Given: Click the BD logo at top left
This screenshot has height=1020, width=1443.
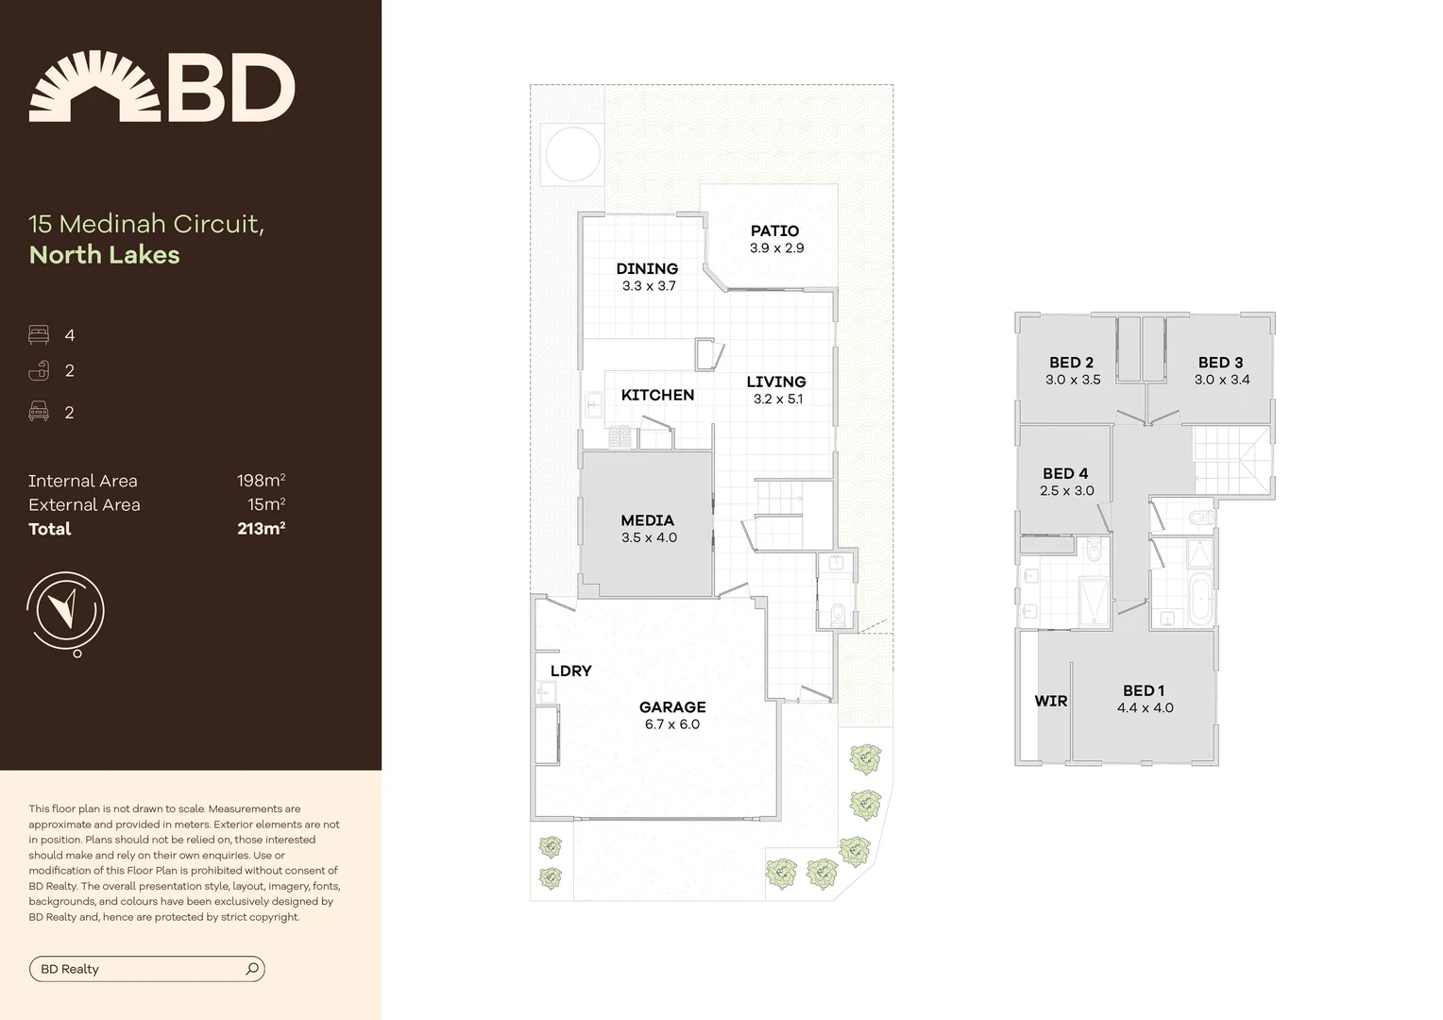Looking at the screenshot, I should (x=161, y=87).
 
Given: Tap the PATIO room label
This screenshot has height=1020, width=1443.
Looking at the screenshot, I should (x=774, y=230).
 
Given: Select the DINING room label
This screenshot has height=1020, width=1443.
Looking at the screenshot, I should (x=647, y=268).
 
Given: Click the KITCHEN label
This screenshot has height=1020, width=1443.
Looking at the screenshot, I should (x=657, y=395).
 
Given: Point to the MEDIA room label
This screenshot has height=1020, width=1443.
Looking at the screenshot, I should (x=647, y=520).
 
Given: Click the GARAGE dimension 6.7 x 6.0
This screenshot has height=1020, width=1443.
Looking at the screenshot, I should (x=672, y=724).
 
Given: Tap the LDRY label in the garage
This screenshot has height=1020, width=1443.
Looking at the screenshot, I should (x=570, y=671).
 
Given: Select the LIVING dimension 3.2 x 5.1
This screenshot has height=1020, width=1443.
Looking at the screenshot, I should (x=778, y=399).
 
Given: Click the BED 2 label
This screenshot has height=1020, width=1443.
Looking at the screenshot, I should (x=1071, y=363).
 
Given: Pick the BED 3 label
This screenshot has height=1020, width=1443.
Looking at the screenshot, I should (x=1220, y=363).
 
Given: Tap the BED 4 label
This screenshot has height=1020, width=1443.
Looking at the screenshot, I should (x=1065, y=473).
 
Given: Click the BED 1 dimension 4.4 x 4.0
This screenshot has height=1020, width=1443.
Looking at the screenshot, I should (x=1145, y=708).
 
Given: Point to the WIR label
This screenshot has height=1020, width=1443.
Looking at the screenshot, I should (x=1050, y=701).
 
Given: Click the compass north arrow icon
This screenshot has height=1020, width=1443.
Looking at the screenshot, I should (x=64, y=610).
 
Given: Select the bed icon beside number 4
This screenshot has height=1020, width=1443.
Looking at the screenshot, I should (x=39, y=335).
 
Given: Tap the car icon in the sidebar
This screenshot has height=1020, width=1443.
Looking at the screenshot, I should (x=39, y=412).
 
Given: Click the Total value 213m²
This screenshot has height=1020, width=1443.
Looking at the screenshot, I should (x=261, y=529).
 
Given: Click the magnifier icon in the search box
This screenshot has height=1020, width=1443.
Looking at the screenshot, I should (x=252, y=969).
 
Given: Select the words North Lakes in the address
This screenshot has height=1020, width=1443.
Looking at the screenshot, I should (x=104, y=255).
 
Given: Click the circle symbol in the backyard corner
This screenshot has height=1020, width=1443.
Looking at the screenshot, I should (x=570, y=154).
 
